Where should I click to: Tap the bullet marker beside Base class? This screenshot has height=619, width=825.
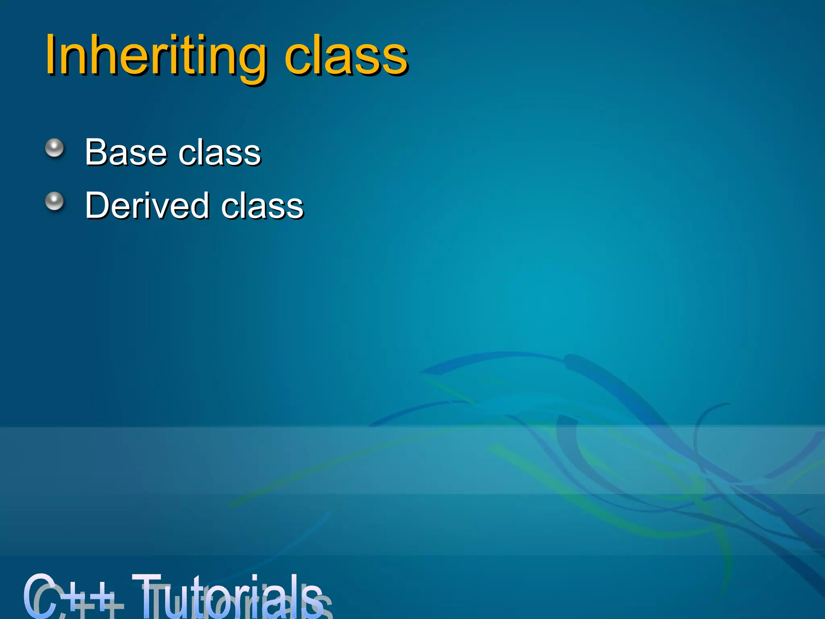[x=54, y=148]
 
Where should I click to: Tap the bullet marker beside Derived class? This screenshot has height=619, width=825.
[x=54, y=201]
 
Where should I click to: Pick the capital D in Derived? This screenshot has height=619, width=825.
[x=98, y=206]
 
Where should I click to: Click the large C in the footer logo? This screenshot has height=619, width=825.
[x=40, y=596]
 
